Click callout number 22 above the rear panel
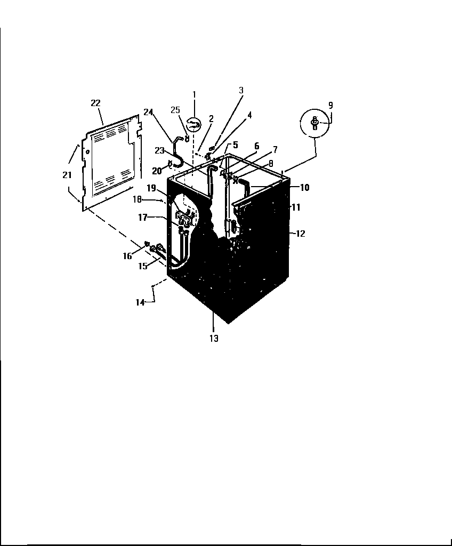[96, 102]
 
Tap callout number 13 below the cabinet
[214, 338]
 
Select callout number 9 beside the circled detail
[330, 105]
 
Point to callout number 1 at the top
[194, 94]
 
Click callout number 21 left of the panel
[67, 175]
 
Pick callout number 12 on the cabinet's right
[301, 233]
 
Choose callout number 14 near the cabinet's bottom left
[140, 302]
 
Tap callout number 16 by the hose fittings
[127, 256]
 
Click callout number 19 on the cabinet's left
[151, 188]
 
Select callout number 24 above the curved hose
[148, 111]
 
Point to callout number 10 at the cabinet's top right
[304, 188]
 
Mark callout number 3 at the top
[241, 91]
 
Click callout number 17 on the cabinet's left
[143, 218]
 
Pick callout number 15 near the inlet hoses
[143, 266]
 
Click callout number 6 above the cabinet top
[256, 146]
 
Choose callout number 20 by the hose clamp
[156, 171]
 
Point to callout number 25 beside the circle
[175, 110]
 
